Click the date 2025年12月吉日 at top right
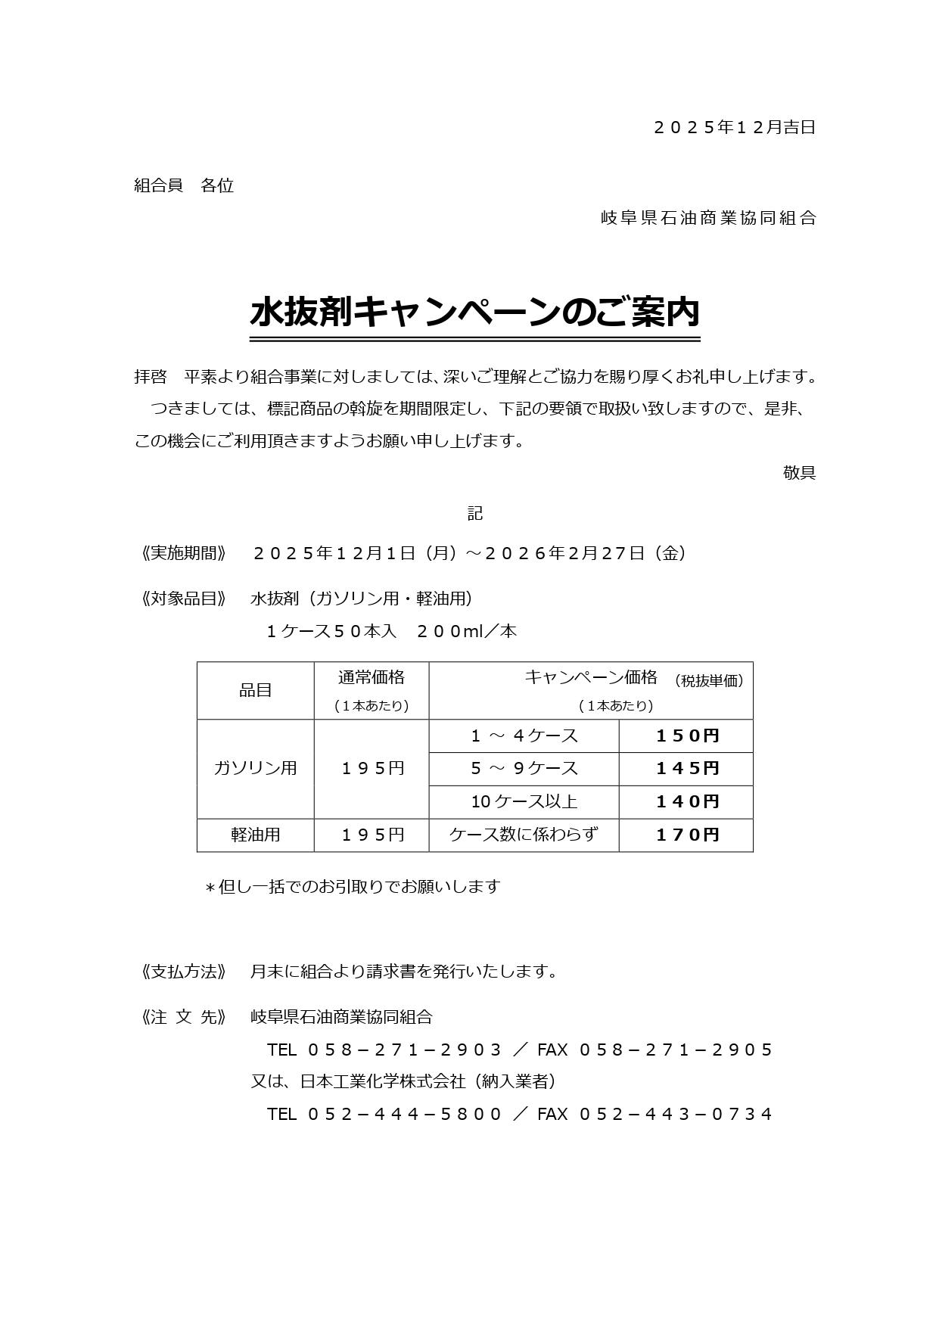(x=734, y=128)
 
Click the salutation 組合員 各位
(x=184, y=186)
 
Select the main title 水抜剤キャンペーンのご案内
(x=474, y=313)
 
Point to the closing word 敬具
(x=799, y=474)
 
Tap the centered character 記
(x=474, y=514)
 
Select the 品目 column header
(x=256, y=690)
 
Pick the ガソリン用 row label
(x=256, y=768)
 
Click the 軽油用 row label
(x=256, y=835)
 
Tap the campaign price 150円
(x=687, y=736)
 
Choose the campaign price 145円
(x=687, y=769)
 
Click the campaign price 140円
(x=687, y=802)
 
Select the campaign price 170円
(x=687, y=835)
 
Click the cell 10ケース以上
(x=524, y=802)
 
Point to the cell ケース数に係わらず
(x=524, y=835)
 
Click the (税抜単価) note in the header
(x=709, y=681)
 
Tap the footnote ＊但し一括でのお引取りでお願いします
(x=353, y=887)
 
